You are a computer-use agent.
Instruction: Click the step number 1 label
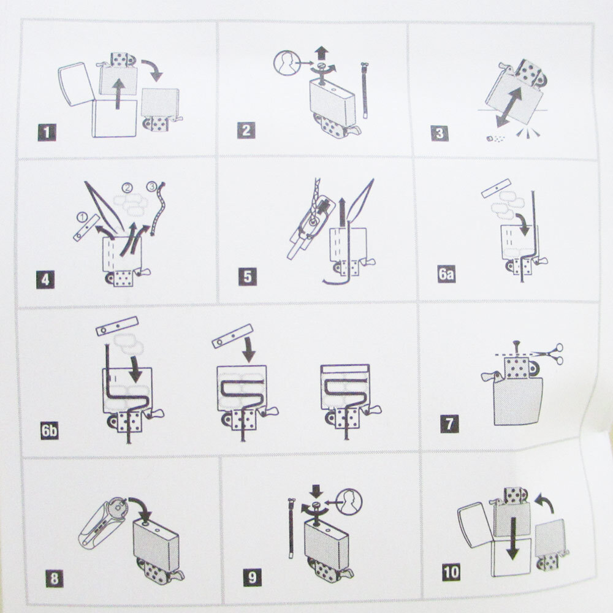pyautogui.click(x=47, y=132)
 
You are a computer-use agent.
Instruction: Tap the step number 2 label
pyautogui.click(x=246, y=130)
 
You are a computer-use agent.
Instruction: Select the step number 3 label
pyautogui.click(x=440, y=133)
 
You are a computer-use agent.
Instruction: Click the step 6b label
pyautogui.click(x=50, y=430)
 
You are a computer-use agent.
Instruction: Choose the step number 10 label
pyautogui.click(x=451, y=572)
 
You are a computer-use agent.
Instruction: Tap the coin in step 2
pyautogui.click(x=286, y=63)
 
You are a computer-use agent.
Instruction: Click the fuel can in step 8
pyautogui.click(x=104, y=523)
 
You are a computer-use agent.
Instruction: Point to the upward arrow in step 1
pyautogui.click(x=118, y=94)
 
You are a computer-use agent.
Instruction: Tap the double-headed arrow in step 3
pyautogui.click(x=509, y=107)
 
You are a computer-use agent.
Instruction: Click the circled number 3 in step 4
pyautogui.click(x=151, y=186)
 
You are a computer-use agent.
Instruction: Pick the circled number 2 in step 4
pyautogui.click(x=128, y=188)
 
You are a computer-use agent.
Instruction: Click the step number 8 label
pyautogui.click(x=55, y=578)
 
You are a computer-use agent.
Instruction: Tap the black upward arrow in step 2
pyautogui.click(x=322, y=53)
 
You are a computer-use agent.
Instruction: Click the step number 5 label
pyautogui.click(x=248, y=277)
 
